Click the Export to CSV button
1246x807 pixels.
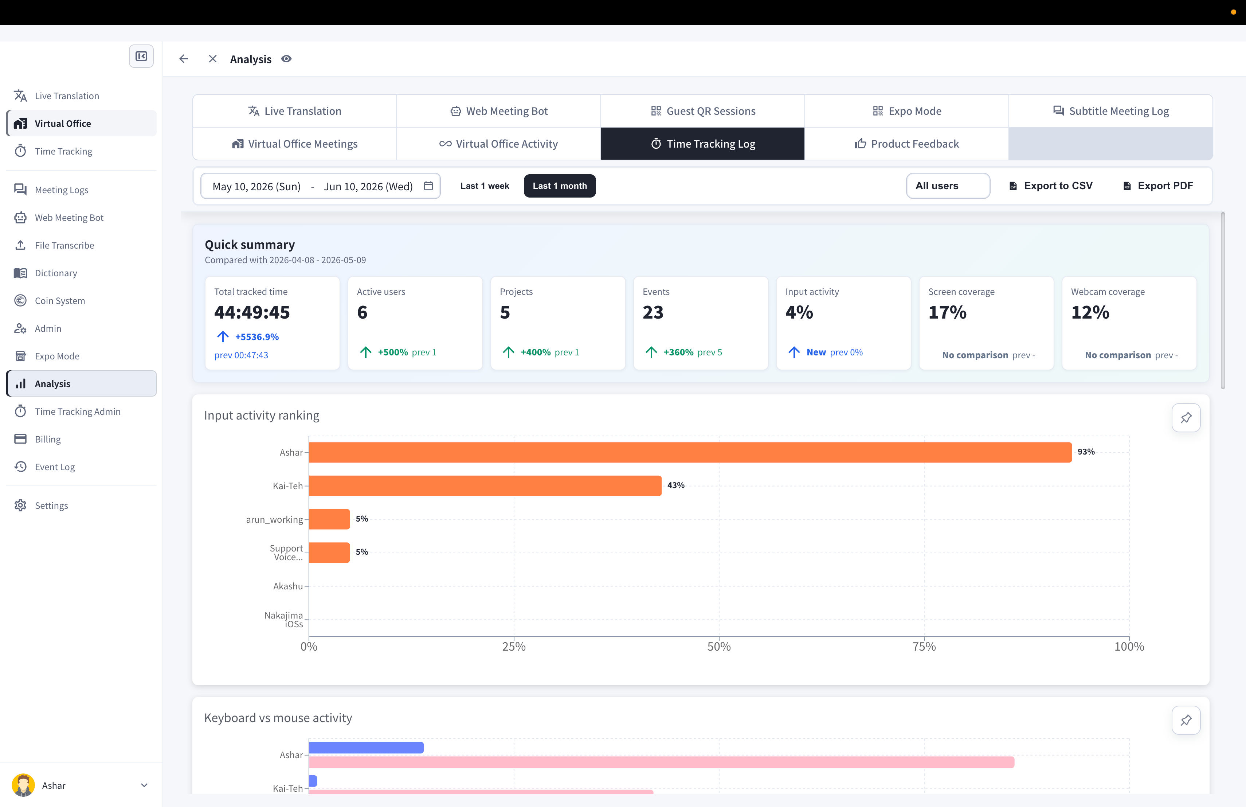[x=1051, y=186]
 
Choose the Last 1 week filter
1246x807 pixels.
[x=484, y=186]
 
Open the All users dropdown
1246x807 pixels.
[x=948, y=186]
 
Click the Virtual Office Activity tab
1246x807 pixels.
[x=498, y=144]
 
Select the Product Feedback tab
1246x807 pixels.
[x=906, y=144]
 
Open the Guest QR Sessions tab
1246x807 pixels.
[x=702, y=111]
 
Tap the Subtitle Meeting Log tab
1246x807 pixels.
[x=1110, y=111]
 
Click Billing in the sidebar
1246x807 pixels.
[x=48, y=439]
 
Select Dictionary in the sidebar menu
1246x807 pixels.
[x=55, y=273]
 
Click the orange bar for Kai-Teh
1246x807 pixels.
[x=485, y=486]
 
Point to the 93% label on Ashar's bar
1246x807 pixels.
[x=1086, y=451]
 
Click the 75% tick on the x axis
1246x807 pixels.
[x=924, y=647]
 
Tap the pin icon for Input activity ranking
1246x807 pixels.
[x=1186, y=417]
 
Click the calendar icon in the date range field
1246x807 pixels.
[x=428, y=186]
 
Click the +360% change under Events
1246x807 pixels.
[x=678, y=352]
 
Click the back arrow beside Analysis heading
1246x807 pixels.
[x=183, y=59]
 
